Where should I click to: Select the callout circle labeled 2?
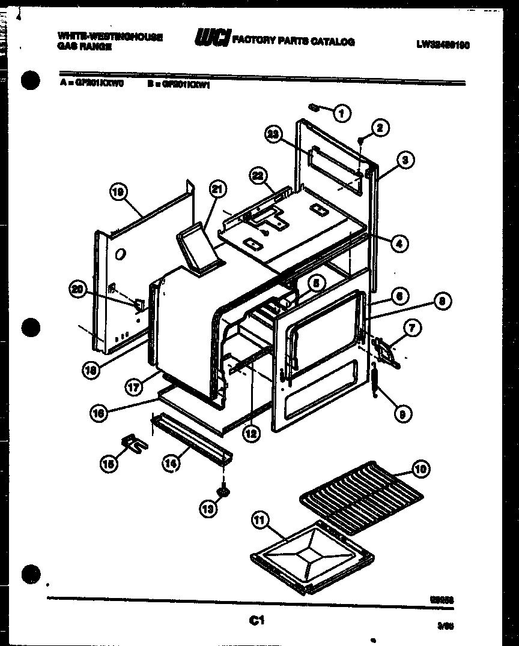click(380, 127)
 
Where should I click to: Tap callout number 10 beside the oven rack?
click(420, 469)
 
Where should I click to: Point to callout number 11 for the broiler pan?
click(259, 521)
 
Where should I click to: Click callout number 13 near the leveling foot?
click(207, 509)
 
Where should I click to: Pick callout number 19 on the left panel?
click(118, 193)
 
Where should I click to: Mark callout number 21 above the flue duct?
click(214, 190)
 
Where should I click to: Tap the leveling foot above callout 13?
click(223, 491)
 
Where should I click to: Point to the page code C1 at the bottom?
click(256, 621)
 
